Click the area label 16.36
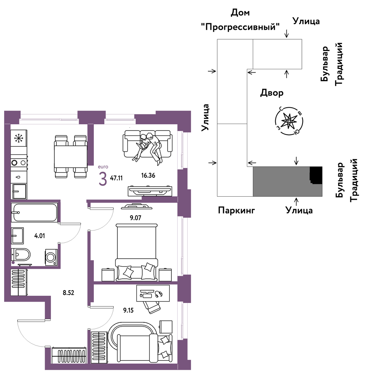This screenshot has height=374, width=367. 148,175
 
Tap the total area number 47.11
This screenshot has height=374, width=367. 117,178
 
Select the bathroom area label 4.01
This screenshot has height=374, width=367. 39,236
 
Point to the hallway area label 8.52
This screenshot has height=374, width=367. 68,292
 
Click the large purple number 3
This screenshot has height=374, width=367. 102,179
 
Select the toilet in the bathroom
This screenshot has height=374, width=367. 21,255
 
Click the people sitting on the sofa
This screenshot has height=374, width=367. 149,145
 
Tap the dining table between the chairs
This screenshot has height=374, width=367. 70,157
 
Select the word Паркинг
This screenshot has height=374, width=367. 236,210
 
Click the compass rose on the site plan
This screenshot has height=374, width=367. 288,121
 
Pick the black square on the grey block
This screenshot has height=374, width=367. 315,175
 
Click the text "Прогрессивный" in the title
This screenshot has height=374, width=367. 240,27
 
